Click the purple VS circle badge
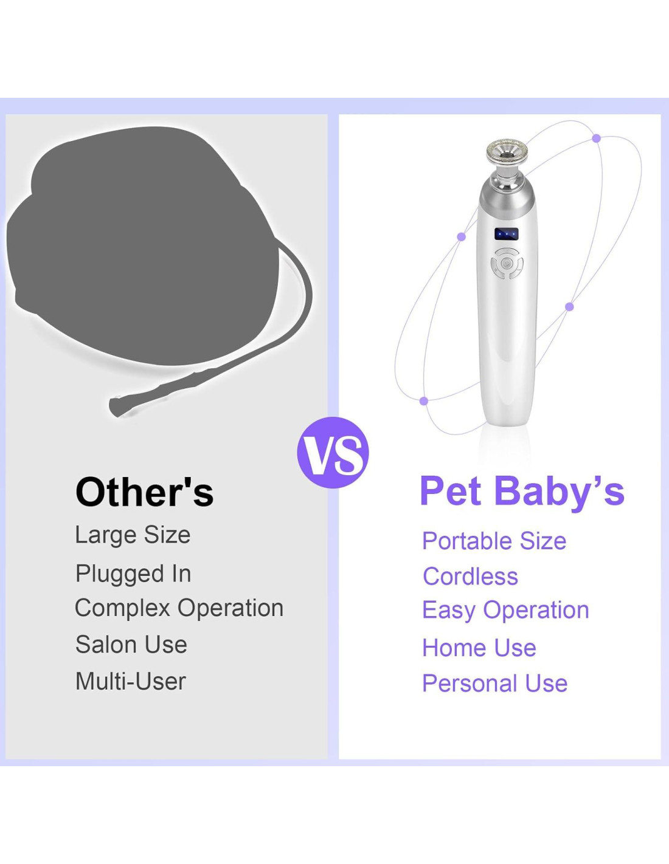tap(333, 453)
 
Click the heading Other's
tap(145, 492)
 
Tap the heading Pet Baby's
tap(522, 492)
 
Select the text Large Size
tap(133, 535)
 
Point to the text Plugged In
tap(133, 574)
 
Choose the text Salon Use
tap(131, 645)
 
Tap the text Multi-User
tap(131, 682)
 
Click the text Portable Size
tap(494, 541)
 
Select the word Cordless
tap(470, 577)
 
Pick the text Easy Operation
tap(505, 611)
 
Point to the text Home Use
tap(479, 648)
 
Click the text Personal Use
tap(494, 684)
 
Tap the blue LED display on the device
tap(506, 235)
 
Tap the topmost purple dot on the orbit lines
tap(596, 139)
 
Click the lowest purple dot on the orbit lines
tap(424, 401)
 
